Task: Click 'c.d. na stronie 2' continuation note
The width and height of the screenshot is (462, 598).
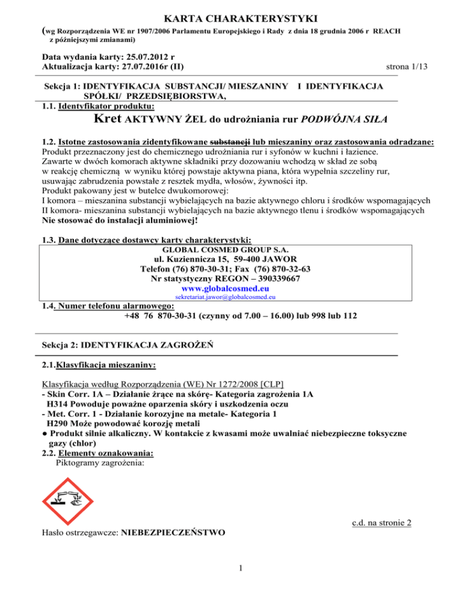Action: pyautogui.click(x=381, y=523)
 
